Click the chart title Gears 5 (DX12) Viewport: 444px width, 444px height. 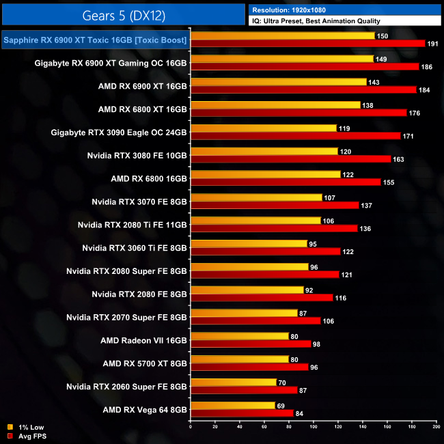point(123,14)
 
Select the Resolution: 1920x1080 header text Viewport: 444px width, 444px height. point(294,10)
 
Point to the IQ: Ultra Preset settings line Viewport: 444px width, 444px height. point(316,21)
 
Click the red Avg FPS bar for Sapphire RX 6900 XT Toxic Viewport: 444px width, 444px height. point(308,43)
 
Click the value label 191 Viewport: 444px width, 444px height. point(434,43)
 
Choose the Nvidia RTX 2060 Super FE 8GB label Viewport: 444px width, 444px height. point(126,387)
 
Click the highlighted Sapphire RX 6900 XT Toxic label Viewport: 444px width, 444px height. point(95,41)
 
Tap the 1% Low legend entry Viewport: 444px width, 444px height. point(27,428)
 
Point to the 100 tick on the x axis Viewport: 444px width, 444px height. point(314,427)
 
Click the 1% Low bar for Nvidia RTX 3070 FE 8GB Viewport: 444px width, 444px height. point(256,197)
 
